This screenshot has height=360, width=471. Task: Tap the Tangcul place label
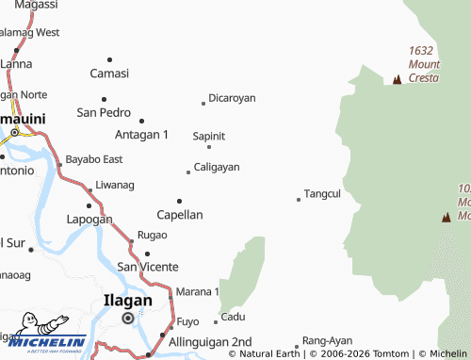click(x=322, y=193)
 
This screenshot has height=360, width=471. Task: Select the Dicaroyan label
click(x=232, y=98)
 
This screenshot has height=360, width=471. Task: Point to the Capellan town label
click(x=180, y=214)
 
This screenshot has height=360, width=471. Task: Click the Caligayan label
click(x=217, y=167)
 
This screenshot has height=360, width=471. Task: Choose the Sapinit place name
click(x=209, y=136)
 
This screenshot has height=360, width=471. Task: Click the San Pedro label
click(x=104, y=112)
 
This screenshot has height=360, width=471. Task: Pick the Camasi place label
click(x=108, y=73)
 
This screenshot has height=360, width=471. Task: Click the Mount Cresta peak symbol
click(x=398, y=79)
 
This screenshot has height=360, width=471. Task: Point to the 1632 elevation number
click(x=421, y=51)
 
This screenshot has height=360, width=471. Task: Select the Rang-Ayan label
click(x=327, y=340)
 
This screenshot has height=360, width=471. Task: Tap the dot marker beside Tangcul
click(x=299, y=199)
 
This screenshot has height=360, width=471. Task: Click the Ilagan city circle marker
click(x=128, y=319)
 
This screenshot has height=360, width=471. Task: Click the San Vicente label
click(x=147, y=267)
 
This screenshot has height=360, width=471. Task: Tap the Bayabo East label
click(x=94, y=159)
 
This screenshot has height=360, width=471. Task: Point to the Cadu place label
click(x=233, y=317)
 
